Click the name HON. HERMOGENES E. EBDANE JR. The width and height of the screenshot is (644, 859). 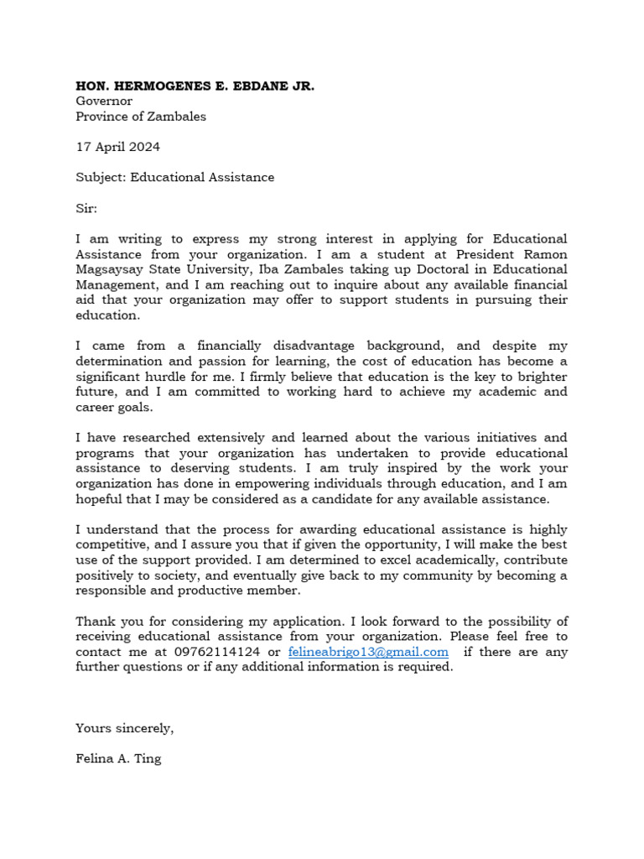coord(195,86)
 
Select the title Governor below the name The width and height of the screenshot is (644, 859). coord(104,102)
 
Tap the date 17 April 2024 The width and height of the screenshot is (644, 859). coord(117,147)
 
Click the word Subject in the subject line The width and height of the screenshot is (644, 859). coord(99,178)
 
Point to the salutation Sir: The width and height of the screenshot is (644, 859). coord(86,208)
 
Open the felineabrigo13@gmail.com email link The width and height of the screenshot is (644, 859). coord(367,652)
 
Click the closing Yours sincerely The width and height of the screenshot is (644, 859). coord(125,728)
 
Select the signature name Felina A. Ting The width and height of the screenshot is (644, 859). coord(118,759)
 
